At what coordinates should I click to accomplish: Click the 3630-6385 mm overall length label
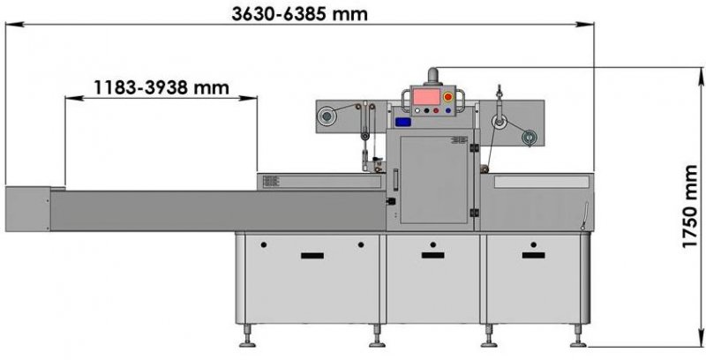coord(299,14)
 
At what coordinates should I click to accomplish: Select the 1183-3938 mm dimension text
coord(161,87)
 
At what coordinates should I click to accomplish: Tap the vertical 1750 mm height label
coord(689,206)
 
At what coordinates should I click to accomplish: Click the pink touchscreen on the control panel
coord(426,97)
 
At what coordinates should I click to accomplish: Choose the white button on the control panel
coord(417,110)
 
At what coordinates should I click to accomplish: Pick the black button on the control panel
coord(426,110)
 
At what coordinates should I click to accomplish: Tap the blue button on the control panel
coord(448,110)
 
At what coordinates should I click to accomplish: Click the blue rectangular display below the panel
coord(403,122)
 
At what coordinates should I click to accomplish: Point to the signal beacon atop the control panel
coord(432,76)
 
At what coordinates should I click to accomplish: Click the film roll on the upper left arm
coord(326,116)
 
